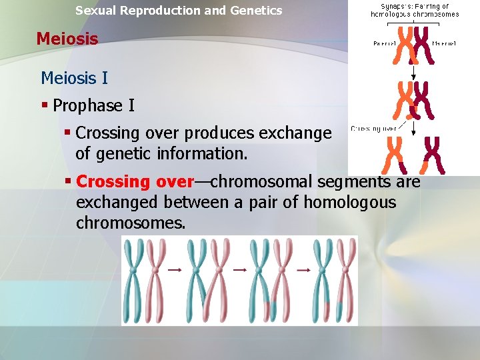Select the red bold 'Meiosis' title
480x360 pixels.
(67, 39)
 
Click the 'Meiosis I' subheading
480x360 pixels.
(74, 78)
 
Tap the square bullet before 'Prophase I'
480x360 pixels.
(45, 105)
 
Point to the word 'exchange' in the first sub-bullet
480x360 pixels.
(297, 133)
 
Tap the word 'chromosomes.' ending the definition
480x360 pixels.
(131, 223)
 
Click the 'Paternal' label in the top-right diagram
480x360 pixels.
(386, 43)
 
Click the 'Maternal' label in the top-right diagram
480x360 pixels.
(445, 43)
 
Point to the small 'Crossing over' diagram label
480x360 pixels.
(374, 128)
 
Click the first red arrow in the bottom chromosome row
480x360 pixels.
(175, 270)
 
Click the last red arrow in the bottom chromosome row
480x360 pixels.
(304, 270)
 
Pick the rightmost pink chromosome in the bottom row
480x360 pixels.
(346, 280)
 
